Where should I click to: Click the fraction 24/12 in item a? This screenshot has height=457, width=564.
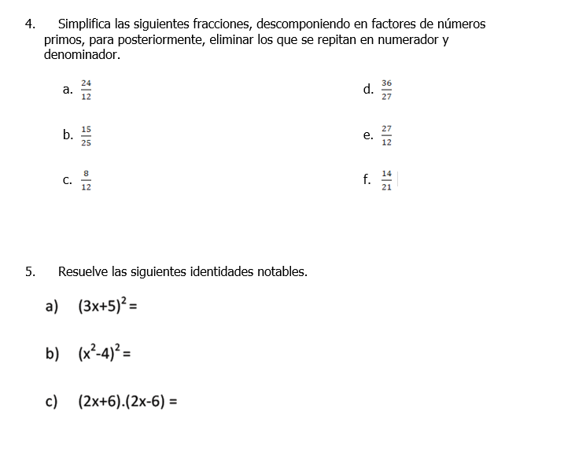pos(86,90)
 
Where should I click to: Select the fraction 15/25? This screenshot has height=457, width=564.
pos(86,135)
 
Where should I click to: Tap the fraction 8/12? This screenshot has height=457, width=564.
pos(86,180)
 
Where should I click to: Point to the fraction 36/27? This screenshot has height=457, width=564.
pos(386,90)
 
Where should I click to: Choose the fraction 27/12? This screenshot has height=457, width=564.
pos(386,135)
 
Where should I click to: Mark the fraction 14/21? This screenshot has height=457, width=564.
pos(386,180)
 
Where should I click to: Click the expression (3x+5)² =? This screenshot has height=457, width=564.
pos(108,307)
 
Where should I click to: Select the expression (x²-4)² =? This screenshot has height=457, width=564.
pos(104,354)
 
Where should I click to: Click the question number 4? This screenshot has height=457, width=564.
pos(30,24)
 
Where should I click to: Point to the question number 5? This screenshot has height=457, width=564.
pos(30,272)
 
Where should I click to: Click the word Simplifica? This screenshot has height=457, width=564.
pos(85,24)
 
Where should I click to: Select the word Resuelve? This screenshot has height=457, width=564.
pos(83,272)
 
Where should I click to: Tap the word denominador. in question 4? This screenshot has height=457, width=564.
pos(83,55)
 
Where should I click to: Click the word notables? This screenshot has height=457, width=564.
pos(282,272)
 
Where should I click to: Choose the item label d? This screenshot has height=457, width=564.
pos(368,89)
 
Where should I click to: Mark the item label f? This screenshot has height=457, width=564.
pos(367,179)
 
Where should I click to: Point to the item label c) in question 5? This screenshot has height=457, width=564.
pos(53,401)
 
